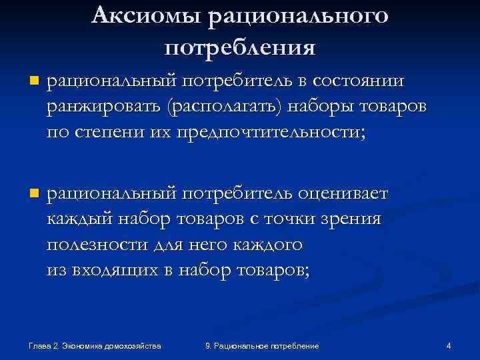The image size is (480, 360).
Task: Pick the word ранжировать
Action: click(105, 107)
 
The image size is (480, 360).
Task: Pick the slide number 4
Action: click(449, 345)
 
